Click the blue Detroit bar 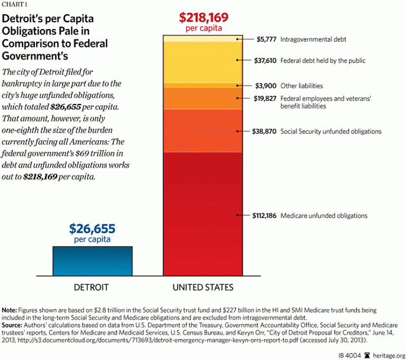pyautogui.click(x=93, y=261)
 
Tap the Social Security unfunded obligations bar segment pyautogui.click(x=202, y=131)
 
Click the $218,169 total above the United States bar pyautogui.click(x=203, y=17)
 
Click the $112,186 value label pyautogui.click(x=262, y=216)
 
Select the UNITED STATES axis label pyautogui.click(x=202, y=288)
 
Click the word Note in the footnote pyautogui.click(x=9, y=309)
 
